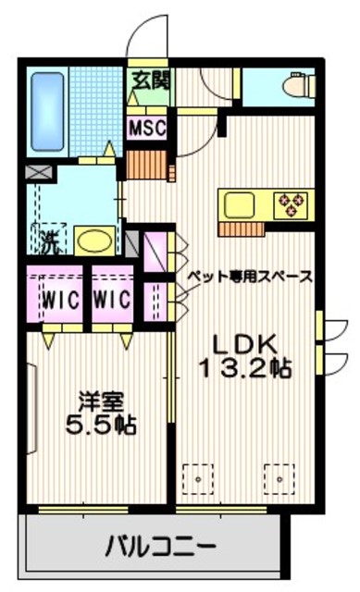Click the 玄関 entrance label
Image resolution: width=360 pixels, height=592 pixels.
148,80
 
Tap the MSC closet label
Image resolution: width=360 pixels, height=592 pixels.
147,127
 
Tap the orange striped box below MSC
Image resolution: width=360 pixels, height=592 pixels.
145,166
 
